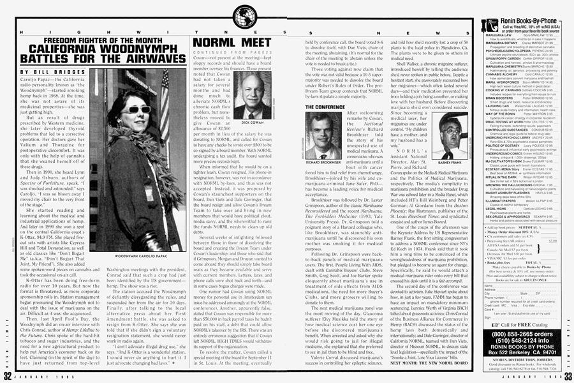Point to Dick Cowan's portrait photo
(x=254, y=98)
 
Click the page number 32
(x=7, y=375)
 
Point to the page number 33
(x=566, y=375)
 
